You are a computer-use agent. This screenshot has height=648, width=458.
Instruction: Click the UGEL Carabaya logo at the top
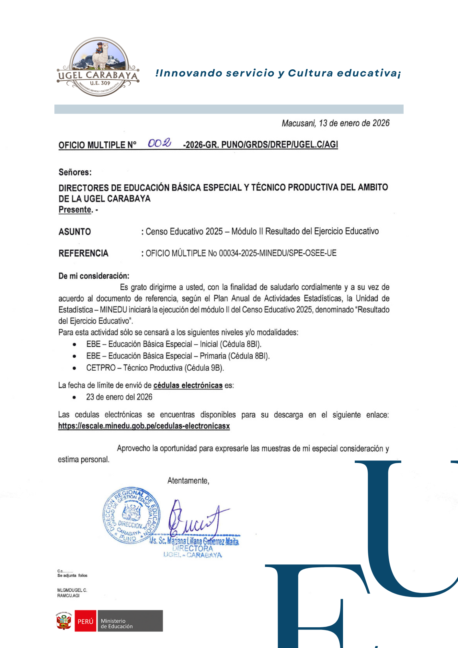point(98,67)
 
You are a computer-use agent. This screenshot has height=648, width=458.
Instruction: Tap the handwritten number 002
point(159,143)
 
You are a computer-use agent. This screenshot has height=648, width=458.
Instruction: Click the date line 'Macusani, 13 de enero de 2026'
point(335,123)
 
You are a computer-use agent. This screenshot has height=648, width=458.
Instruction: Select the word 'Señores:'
point(75,172)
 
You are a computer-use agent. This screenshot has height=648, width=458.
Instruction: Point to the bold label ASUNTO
point(75,232)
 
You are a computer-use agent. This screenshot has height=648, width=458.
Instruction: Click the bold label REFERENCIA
point(83,253)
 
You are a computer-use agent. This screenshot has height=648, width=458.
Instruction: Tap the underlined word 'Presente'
point(75,210)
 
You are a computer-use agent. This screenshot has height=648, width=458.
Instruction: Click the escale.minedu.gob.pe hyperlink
point(144,426)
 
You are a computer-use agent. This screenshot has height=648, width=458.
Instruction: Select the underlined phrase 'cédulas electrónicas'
point(188,385)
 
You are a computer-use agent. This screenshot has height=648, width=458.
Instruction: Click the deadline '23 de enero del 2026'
point(119,397)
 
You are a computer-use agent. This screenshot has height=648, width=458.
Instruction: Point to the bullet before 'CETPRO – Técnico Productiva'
point(74,368)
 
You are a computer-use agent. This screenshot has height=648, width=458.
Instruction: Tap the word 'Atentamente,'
point(188,480)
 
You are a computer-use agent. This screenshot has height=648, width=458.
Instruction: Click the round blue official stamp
point(131,515)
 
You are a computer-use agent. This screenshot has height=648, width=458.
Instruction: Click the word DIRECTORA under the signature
point(193,548)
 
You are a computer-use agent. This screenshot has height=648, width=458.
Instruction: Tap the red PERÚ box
point(86,621)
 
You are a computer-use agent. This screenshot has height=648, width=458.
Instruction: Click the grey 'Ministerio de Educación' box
point(130,621)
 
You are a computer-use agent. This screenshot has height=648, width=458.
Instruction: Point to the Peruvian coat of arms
point(64,621)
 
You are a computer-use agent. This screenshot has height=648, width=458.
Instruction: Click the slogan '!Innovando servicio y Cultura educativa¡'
point(278,73)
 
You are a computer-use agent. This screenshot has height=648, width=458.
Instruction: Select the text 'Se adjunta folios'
point(72,575)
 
